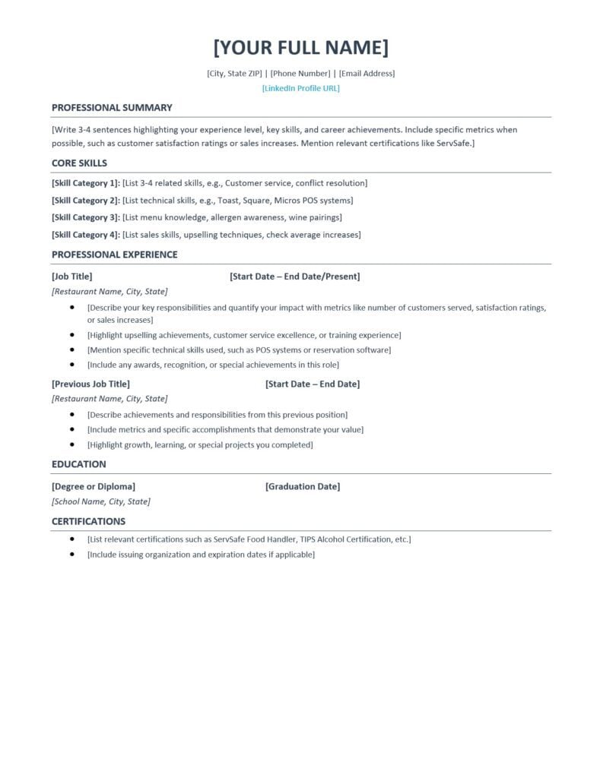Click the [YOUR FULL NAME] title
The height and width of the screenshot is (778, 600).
point(300,47)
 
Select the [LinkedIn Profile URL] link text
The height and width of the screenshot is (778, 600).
point(300,88)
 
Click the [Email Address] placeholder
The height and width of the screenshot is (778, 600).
point(367,74)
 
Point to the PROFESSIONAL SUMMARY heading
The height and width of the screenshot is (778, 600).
point(112,108)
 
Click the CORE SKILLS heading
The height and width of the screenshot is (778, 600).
point(79,163)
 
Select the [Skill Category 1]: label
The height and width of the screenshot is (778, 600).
point(86,183)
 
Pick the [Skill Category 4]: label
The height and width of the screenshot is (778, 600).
point(86,235)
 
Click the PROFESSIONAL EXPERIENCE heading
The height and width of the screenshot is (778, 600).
point(115,255)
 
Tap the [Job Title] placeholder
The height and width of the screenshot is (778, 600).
point(72,277)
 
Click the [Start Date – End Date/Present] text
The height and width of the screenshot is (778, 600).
point(294,277)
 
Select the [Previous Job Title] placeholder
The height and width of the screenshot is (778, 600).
point(90,384)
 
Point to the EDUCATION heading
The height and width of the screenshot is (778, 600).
point(79,464)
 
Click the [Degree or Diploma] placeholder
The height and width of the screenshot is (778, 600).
point(94,486)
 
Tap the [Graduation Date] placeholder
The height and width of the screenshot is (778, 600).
point(303,486)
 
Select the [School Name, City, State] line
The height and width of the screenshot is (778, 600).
point(101,501)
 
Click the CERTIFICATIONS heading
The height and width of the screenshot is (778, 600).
point(88,522)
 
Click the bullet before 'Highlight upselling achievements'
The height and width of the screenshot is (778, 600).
point(72,335)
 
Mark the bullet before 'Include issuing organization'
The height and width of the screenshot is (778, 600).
point(72,555)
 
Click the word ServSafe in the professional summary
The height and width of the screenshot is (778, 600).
point(454,144)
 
